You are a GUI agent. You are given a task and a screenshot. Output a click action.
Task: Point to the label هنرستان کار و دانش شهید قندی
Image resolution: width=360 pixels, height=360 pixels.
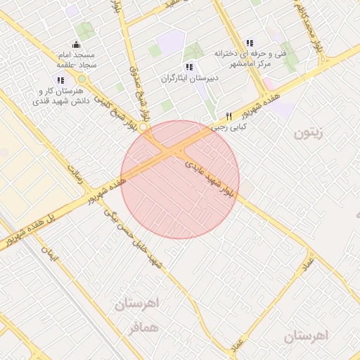(x=58, y=97)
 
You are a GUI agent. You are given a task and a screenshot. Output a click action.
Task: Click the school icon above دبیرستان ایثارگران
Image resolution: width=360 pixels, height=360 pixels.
(x=188, y=67)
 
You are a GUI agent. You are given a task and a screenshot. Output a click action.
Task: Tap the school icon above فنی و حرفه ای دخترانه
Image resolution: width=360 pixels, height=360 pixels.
(x=250, y=44)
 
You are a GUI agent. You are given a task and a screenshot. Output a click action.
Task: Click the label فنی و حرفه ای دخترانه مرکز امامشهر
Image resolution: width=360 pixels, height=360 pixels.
(x=243, y=58)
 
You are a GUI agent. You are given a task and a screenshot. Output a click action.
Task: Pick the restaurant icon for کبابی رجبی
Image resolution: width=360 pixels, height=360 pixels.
(x=229, y=117)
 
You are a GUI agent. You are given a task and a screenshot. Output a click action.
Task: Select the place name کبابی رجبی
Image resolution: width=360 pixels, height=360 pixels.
(x=235, y=129)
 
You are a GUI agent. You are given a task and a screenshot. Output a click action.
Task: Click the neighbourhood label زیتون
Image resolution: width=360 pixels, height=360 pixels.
(x=308, y=132)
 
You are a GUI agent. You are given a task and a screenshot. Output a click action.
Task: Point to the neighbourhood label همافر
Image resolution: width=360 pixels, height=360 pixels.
(x=141, y=328)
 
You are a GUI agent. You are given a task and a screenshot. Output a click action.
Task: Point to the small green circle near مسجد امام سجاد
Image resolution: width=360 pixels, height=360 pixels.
(x=81, y=78)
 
